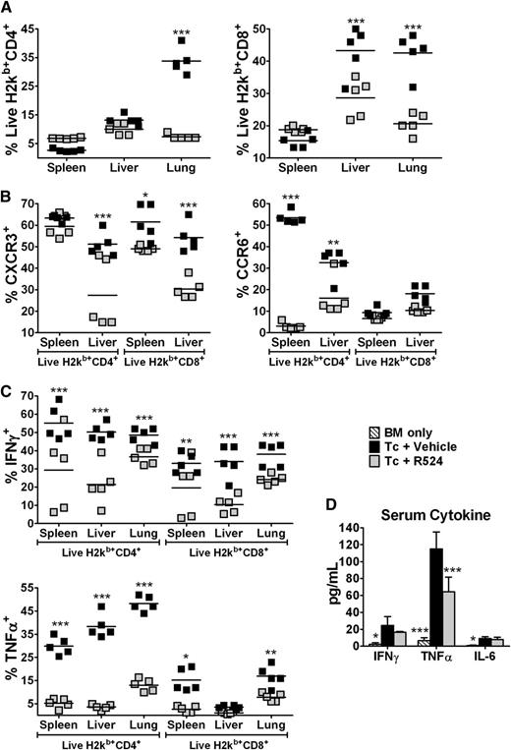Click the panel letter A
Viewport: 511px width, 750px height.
coord(8,8)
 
